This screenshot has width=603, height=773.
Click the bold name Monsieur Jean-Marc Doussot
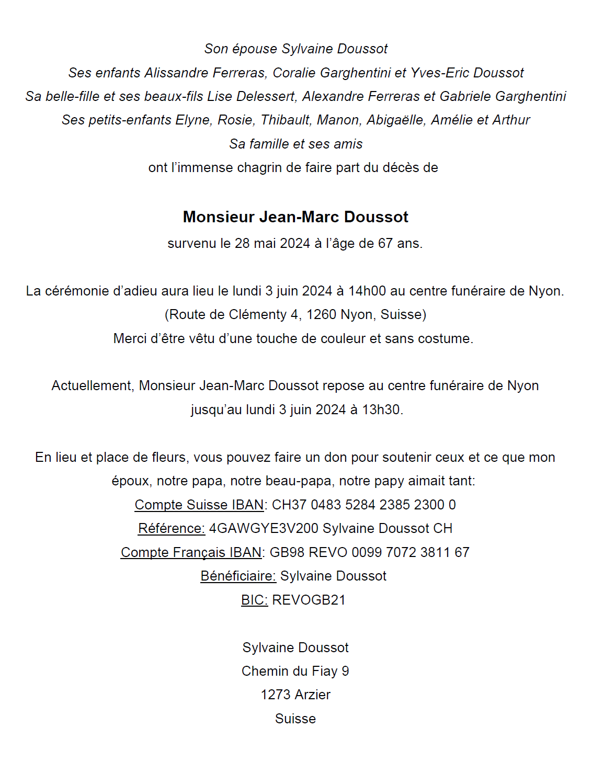[x=295, y=217]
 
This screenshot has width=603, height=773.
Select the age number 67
[x=385, y=244]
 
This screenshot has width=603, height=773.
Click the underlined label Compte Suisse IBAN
[x=199, y=505]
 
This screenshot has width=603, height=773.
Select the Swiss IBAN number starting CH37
[x=364, y=505]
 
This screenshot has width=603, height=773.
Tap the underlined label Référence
[x=172, y=529]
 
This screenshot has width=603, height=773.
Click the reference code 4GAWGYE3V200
[x=264, y=529]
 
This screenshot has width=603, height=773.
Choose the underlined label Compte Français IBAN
[x=191, y=552]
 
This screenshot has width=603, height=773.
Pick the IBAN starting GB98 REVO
[x=369, y=552]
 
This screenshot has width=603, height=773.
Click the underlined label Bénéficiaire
[x=238, y=576]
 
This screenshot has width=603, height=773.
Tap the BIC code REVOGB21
[x=309, y=600]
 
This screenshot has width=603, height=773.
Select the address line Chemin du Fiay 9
[x=295, y=671]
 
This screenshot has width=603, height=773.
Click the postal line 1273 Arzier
[x=295, y=695]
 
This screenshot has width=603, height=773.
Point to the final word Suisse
[x=295, y=719]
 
